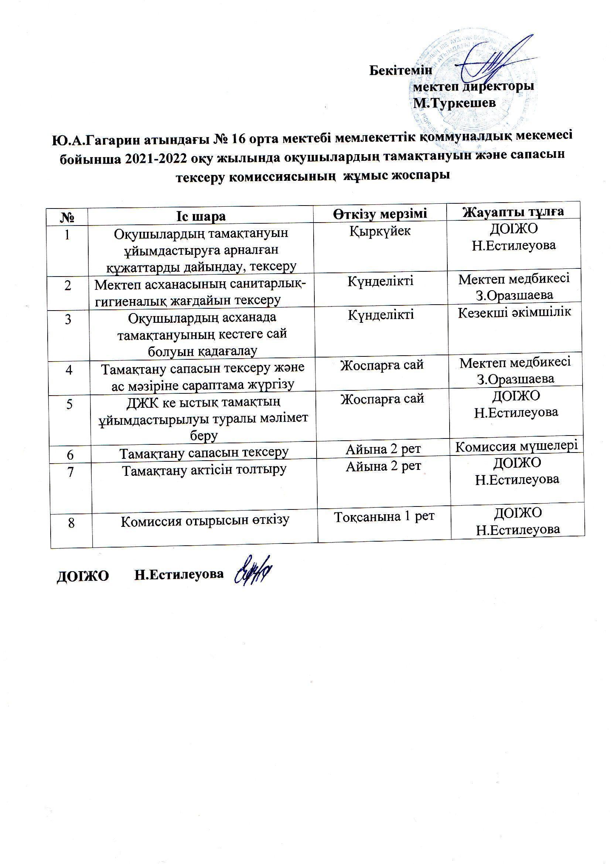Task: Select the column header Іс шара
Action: point(201,217)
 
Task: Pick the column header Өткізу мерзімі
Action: point(380,214)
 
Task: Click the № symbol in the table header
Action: point(66,218)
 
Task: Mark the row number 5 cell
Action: point(69,404)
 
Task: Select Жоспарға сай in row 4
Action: point(382,365)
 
